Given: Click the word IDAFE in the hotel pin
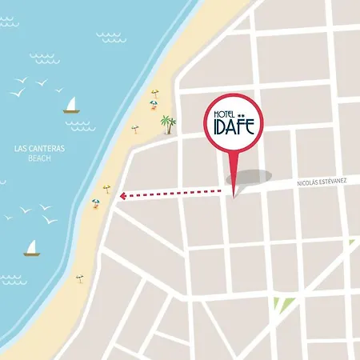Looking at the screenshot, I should [x=233, y=128].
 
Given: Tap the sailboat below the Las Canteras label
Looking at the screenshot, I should [x=32, y=249].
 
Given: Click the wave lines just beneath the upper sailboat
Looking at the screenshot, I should [x=80, y=125].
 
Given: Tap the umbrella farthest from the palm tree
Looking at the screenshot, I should [x=79, y=278].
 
